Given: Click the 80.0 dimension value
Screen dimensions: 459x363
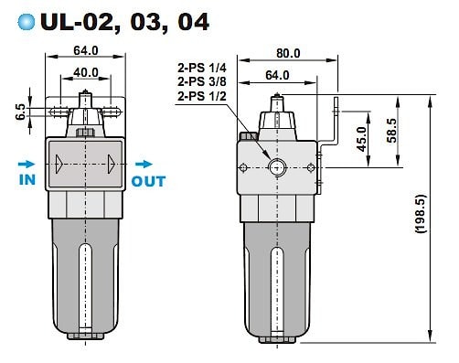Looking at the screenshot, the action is point(288,53).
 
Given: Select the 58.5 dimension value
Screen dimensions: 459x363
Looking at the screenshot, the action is point(392,131).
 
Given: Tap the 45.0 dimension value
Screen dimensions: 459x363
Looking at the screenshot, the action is point(362,139).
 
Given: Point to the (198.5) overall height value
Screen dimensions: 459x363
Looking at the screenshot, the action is point(421,213).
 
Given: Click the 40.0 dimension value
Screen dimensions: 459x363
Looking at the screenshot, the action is point(86,72).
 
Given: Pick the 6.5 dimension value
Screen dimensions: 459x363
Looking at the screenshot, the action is point(21,112).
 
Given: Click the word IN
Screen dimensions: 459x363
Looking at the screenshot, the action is point(27,180).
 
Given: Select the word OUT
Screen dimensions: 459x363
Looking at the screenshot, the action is point(148,181).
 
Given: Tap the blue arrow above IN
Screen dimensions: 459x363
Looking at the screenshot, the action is point(27,164).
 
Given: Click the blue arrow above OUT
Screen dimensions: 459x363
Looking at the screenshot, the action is point(144,164).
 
